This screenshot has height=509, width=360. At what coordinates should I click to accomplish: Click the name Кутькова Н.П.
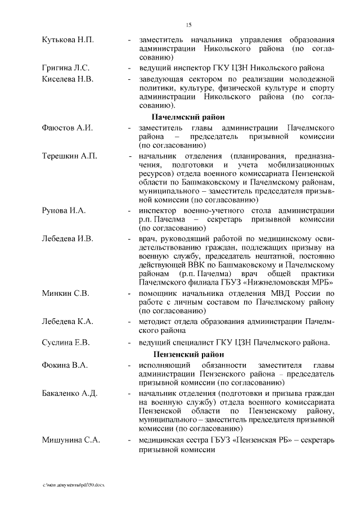pos(68,40)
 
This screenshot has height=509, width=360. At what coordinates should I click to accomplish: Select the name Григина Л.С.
pos(66,68)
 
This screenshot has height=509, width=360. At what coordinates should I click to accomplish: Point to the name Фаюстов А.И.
pos(67,128)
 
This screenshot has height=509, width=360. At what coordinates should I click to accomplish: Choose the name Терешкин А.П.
pos(70,155)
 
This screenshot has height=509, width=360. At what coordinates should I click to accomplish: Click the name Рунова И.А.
pos(64,210)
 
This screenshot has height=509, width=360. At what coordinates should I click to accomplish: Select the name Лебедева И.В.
pos(67,238)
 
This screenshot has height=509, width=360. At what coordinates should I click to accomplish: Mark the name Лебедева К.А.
pos(67,321)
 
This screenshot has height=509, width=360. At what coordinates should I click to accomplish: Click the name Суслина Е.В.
pos(66,342)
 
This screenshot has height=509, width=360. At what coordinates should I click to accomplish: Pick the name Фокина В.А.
pos(65,366)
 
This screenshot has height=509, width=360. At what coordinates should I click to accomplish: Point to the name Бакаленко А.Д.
pos(70,393)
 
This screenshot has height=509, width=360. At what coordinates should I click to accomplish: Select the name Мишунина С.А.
pos(71,440)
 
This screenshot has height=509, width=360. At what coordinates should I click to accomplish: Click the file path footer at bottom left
pos(74,484)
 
